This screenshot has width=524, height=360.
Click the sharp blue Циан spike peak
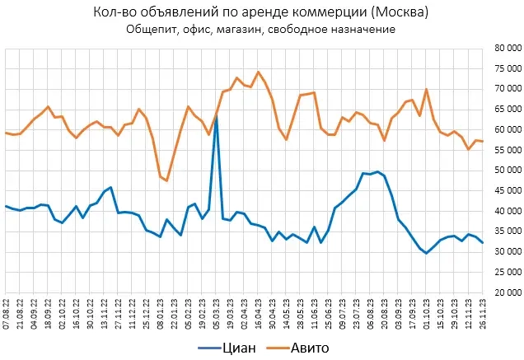click(x=217, y=117)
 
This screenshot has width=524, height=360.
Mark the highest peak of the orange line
click(x=259, y=72)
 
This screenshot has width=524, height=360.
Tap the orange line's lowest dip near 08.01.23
click(x=167, y=180)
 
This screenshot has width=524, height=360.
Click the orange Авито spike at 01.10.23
click(x=426, y=89)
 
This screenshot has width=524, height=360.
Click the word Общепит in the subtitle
click(x=154, y=30)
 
